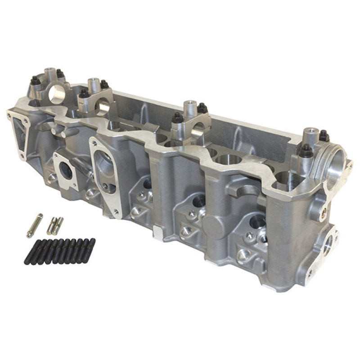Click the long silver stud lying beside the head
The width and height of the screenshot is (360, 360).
point(34,225)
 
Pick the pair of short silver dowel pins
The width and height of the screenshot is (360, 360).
point(55,225)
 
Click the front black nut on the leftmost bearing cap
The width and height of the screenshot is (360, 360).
point(35,82)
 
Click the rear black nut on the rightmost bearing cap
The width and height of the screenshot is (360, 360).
point(323,135)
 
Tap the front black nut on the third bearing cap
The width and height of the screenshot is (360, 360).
point(178,118)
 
